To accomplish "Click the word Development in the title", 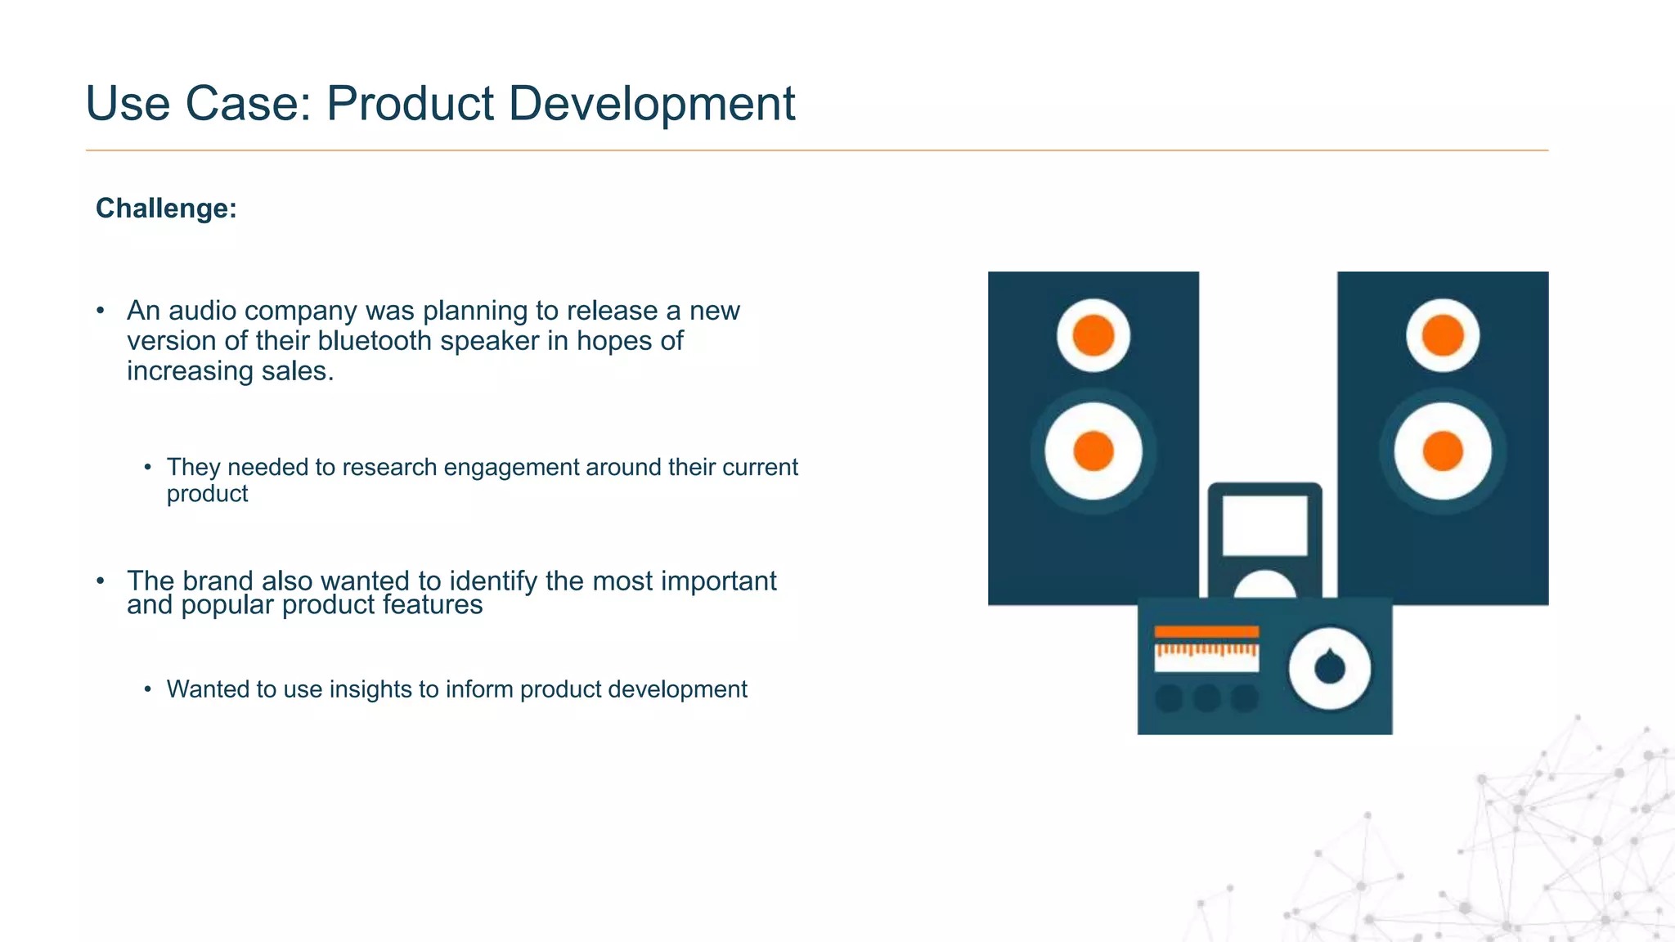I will tap(651, 105).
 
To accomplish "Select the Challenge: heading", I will tap(166, 209).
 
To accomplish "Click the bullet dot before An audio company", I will tap(101, 311).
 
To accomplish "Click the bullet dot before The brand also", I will tap(101, 581).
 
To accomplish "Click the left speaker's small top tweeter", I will tap(1093, 335).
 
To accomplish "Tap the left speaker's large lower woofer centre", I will tap(1093, 451).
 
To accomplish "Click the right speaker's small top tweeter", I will tap(1443, 335).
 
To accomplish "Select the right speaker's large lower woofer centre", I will tap(1443, 451).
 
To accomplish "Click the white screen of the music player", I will tap(1264, 525).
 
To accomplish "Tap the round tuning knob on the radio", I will tap(1330, 668).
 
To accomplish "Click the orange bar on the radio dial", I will tap(1206, 631).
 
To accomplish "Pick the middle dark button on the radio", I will tap(1207, 698).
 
